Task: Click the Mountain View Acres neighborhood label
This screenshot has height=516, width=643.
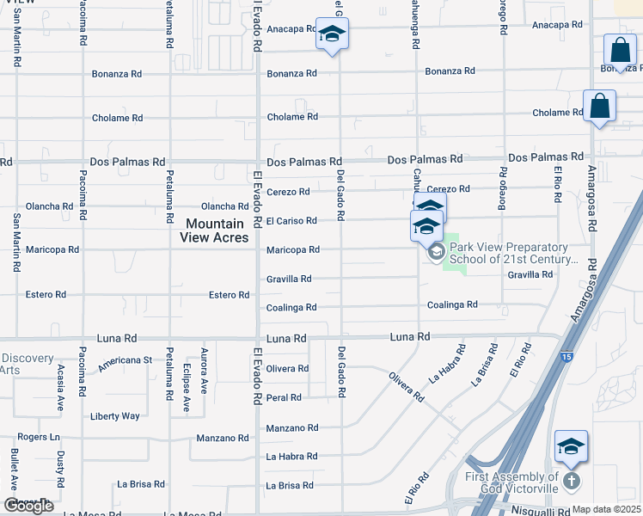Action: click(217, 230)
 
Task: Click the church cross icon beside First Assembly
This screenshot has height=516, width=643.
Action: click(573, 482)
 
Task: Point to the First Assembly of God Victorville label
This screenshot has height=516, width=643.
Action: click(512, 482)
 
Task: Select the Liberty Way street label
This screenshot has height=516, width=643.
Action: click(115, 416)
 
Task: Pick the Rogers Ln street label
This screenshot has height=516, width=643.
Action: click(38, 437)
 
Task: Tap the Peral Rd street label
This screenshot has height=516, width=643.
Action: click(284, 398)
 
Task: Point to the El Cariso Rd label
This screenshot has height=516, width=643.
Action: click(291, 221)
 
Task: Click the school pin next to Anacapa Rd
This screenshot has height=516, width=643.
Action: click(332, 36)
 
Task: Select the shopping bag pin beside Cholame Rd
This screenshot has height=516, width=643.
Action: click(600, 107)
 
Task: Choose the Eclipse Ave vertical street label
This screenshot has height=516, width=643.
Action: click(187, 387)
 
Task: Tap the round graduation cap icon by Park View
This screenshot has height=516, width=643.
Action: click(435, 252)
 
